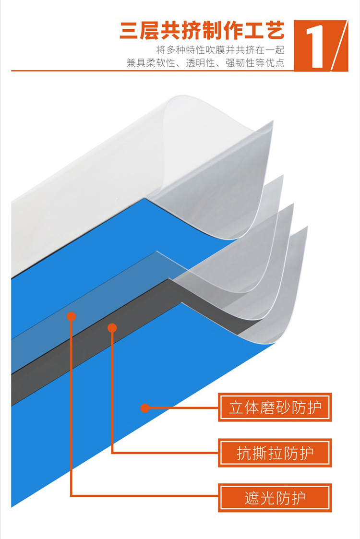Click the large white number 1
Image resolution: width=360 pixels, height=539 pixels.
313,46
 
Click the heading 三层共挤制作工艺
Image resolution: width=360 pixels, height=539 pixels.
202,31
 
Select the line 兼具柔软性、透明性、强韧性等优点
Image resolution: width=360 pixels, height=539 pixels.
205,63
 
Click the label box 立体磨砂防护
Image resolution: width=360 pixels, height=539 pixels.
275,408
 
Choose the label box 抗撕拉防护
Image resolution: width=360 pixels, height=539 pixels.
275,453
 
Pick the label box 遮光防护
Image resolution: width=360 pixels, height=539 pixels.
275,498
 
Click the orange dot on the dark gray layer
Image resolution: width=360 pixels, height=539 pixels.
112,328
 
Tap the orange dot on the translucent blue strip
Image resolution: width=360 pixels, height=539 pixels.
72,316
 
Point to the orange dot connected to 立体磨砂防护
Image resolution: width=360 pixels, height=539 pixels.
144,408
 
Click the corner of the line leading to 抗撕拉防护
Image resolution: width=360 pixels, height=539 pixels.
112,452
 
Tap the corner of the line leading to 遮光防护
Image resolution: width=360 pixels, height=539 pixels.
72,495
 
